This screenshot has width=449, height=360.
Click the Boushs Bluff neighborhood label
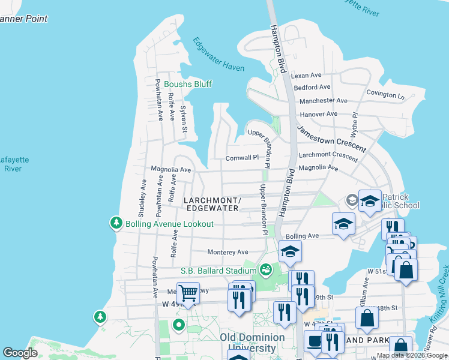click(188, 84)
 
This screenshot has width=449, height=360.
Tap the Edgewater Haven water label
click(218, 55)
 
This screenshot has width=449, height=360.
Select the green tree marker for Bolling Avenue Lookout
click(115, 223)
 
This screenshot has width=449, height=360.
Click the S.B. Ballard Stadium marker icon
click(265, 271)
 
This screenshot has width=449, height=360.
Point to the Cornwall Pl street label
click(241, 158)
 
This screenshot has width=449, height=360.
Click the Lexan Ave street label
click(306, 76)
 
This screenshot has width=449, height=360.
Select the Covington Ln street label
click(385, 95)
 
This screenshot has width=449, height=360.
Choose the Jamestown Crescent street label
click(331, 139)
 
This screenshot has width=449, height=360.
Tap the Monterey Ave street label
click(228, 253)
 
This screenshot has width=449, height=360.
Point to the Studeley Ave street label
click(143, 197)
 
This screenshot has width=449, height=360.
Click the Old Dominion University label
click(256, 342)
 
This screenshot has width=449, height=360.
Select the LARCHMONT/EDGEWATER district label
click(212, 204)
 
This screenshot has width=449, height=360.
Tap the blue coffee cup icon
click(314, 341)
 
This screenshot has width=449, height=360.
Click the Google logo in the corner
click(20, 353)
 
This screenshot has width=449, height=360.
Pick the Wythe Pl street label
click(355, 123)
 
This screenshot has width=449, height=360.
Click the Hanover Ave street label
click(319, 114)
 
